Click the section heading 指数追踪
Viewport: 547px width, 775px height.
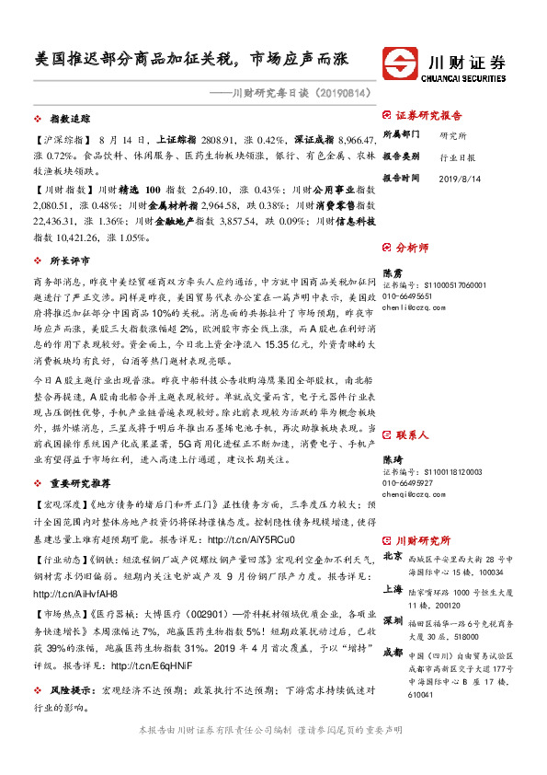pyautogui.click(x=68, y=120)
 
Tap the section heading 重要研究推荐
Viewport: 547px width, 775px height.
pyautogui.click(x=81, y=482)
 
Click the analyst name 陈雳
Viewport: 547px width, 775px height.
pyautogui.click(x=392, y=273)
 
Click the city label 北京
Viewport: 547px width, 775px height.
pyautogui.click(x=393, y=557)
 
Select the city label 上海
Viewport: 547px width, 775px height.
pyautogui.click(x=393, y=592)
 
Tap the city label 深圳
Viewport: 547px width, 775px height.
pyautogui.click(x=393, y=619)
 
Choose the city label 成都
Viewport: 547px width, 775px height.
pyautogui.click(x=393, y=653)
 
